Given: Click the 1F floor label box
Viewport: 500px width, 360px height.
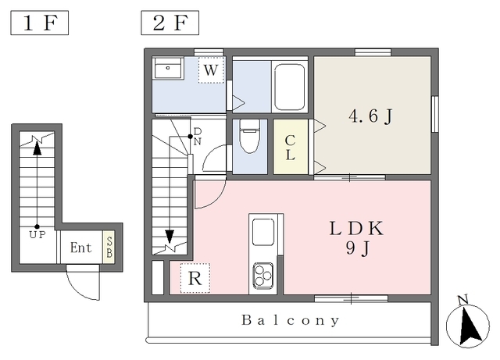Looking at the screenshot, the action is pyautogui.click(x=40, y=23).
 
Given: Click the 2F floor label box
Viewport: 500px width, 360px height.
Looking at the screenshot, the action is pyautogui.click(x=170, y=23).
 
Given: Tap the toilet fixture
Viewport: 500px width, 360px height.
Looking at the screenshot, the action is pyautogui.click(x=250, y=136).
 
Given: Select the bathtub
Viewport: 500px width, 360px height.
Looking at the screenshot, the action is pyautogui.click(x=290, y=87).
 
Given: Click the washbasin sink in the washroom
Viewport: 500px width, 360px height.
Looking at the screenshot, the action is pyautogui.click(x=168, y=68).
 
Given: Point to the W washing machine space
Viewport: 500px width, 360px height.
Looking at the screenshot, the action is pyautogui.click(x=211, y=70).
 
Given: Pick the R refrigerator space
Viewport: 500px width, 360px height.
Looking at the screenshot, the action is pyautogui.click(x=195, y=278).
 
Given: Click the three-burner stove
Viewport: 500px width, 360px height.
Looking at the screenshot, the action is pyautogui.click(x=263, y=275).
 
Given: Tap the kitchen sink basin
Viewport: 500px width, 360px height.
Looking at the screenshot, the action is pyautogui.click(x=263, y=232).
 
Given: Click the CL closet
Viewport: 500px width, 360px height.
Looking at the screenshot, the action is pyautogui.click(x=291, y=147).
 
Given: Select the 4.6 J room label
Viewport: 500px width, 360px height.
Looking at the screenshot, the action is pyautogui.click(x=370, y=116).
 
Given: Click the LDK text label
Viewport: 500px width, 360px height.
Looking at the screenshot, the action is pyautogui.click(x=356, y=228).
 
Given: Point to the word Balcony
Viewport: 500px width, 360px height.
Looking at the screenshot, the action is pyautogui.click(x=291, y=320).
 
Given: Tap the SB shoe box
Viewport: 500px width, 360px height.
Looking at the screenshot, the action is pyautogui.click(x=109, y=247).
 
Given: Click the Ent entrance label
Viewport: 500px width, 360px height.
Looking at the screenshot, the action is pyautogui.click(x=80, y=248).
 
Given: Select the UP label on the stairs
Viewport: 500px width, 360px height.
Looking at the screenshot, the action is pyautogui.click(x=37, y=235).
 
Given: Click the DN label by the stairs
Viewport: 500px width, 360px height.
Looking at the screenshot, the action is pyautogui.click(x=198, y=136).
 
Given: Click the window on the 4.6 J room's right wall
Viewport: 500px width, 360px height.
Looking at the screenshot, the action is pyautogui.click(x=434, y=114).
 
